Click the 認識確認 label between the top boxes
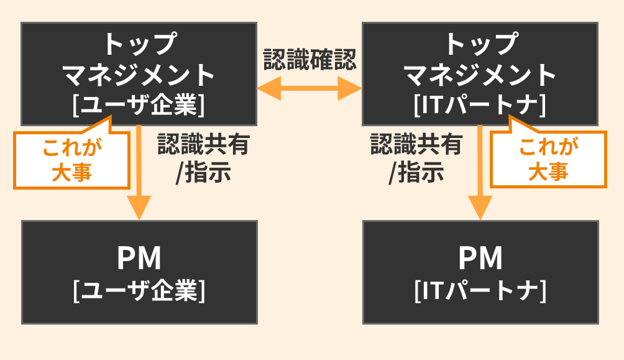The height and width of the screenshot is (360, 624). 310,60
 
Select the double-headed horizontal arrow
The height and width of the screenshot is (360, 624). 309,88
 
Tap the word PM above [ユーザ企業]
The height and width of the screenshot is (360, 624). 139,259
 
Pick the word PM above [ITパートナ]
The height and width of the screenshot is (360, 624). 480,259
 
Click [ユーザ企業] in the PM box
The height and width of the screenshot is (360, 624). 139,290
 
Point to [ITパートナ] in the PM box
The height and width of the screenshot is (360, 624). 480,290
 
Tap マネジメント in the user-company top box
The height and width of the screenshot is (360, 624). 139,75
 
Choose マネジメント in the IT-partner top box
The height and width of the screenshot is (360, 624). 480,75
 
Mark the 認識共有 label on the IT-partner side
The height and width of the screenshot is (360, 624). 416,145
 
